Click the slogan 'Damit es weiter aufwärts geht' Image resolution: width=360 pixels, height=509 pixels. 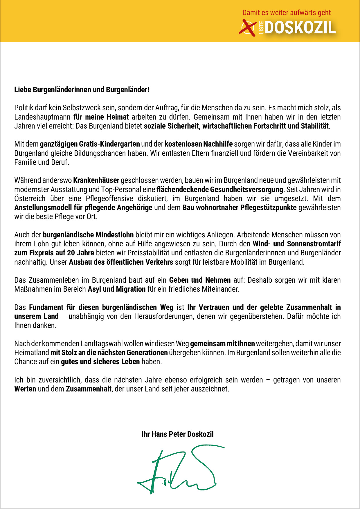pyautogui.click(x=286, y=13)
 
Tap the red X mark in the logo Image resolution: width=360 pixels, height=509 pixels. pyautogui.click(x=247, y=28)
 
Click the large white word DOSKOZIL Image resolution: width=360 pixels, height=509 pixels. pyautogui.click(x=300, y=28)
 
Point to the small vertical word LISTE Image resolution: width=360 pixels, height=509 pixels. pyautogui.click(x=261, y=28)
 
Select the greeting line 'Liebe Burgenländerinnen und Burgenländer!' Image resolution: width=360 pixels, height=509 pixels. pyautogui.click(x=82, y=90)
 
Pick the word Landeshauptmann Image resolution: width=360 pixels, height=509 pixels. pyautogui.click(x=42, y=117)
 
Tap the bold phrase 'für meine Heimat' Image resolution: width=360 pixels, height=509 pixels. pyautogui.click(x=101, y=117)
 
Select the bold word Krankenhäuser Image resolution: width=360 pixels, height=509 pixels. pyautogui.click(x=96, y=180)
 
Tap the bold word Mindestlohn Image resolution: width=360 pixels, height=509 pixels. pyautogui.click(x=114, y=235)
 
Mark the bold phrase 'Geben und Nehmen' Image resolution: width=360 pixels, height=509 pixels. pyautogui.click(x=200, y=280)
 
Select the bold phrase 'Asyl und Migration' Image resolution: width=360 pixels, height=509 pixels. pyautogui.click(x=116, y=289)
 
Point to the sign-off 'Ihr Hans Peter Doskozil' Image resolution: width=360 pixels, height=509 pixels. pyautogui.click(x=177, y=434)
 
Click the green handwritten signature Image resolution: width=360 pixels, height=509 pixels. pyautogui.click(x=180, y=470)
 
